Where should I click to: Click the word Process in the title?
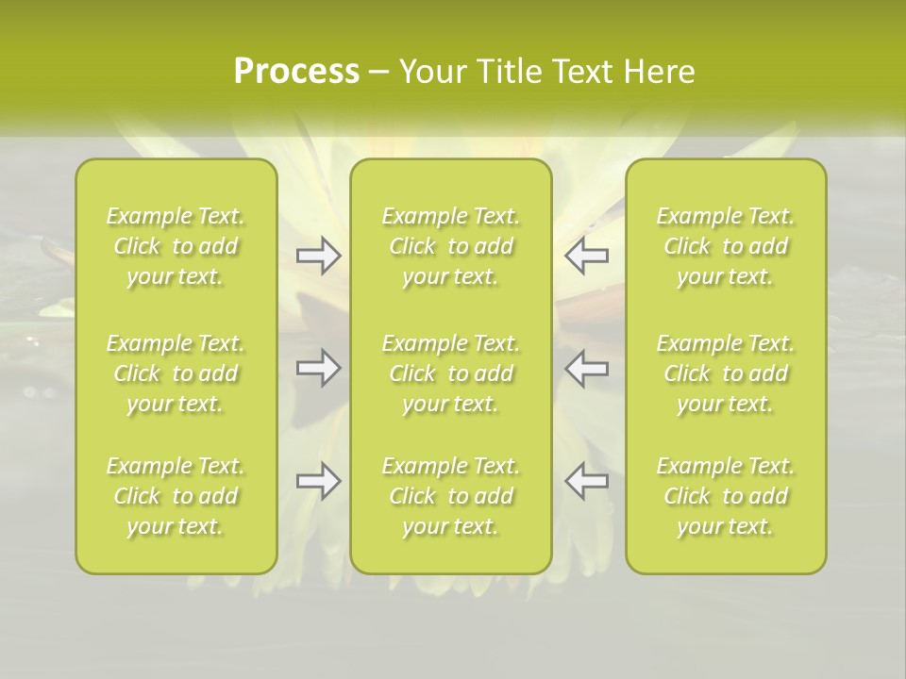point(296,72)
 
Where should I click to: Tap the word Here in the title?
point(660,72)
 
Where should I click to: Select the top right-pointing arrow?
point(319,256)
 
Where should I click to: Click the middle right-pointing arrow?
point(319,369)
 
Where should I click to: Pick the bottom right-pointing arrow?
point(319,481)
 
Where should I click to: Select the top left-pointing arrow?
point(587,256)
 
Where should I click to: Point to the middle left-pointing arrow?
point(587,369)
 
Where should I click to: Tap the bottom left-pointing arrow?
point(587,481)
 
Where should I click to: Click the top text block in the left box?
point(176,246)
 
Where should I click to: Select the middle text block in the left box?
point(176,373)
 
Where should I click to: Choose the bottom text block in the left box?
point(176,496)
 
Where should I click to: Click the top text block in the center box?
point(451,246)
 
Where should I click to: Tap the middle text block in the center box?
point(451,373)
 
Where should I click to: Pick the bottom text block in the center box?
point(451,496)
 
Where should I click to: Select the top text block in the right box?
point(726,246)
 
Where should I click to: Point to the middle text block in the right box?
point(726,373)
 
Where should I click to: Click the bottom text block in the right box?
point(726,496)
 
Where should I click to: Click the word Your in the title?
point(430,72)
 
